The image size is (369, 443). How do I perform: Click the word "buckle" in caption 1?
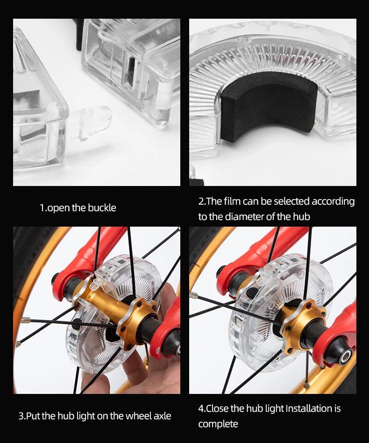102,207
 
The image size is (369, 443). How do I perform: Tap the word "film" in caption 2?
232,201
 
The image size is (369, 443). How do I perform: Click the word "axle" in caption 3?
163,416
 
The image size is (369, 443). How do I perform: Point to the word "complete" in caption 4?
218,424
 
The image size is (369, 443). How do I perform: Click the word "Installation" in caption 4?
305,408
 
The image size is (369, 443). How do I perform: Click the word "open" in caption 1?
58,208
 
